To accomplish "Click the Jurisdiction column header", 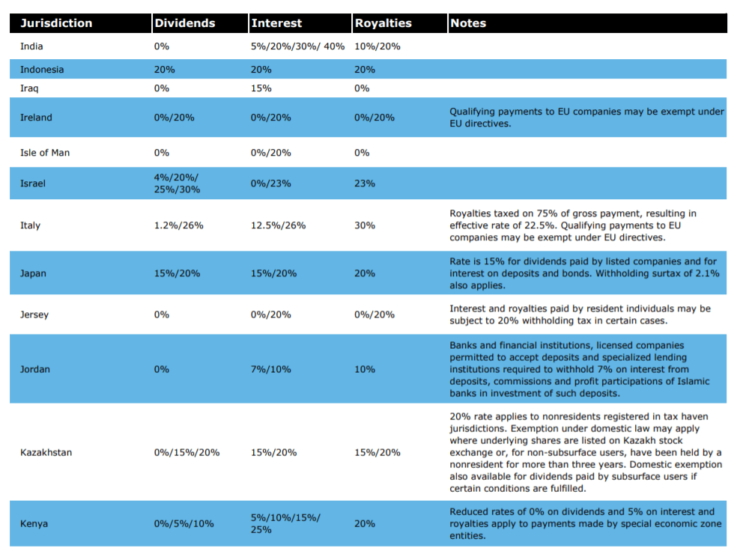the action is point(56,23).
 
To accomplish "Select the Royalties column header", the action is point(383,23).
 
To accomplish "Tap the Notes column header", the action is point(467,23).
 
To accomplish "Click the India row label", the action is point(31,46).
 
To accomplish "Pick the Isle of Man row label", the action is point(45,153).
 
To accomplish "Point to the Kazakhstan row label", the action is point(46,452).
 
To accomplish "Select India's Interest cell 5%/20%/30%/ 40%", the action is point(297,46).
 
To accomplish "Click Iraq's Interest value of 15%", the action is point(261,88).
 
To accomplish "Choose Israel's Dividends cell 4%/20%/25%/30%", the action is point(177,183).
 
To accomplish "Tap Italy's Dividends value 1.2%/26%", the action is point(178,225).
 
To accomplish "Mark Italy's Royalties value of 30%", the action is point(365,225).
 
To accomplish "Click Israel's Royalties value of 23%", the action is point(365,183).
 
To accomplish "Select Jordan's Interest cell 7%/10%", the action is point(270,369).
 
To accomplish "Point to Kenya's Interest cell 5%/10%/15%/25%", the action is point(285,523).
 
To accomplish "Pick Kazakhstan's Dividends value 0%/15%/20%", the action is point(186,452).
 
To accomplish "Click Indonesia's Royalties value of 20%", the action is point(365,70).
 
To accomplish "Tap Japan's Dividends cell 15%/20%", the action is point(177,273).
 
